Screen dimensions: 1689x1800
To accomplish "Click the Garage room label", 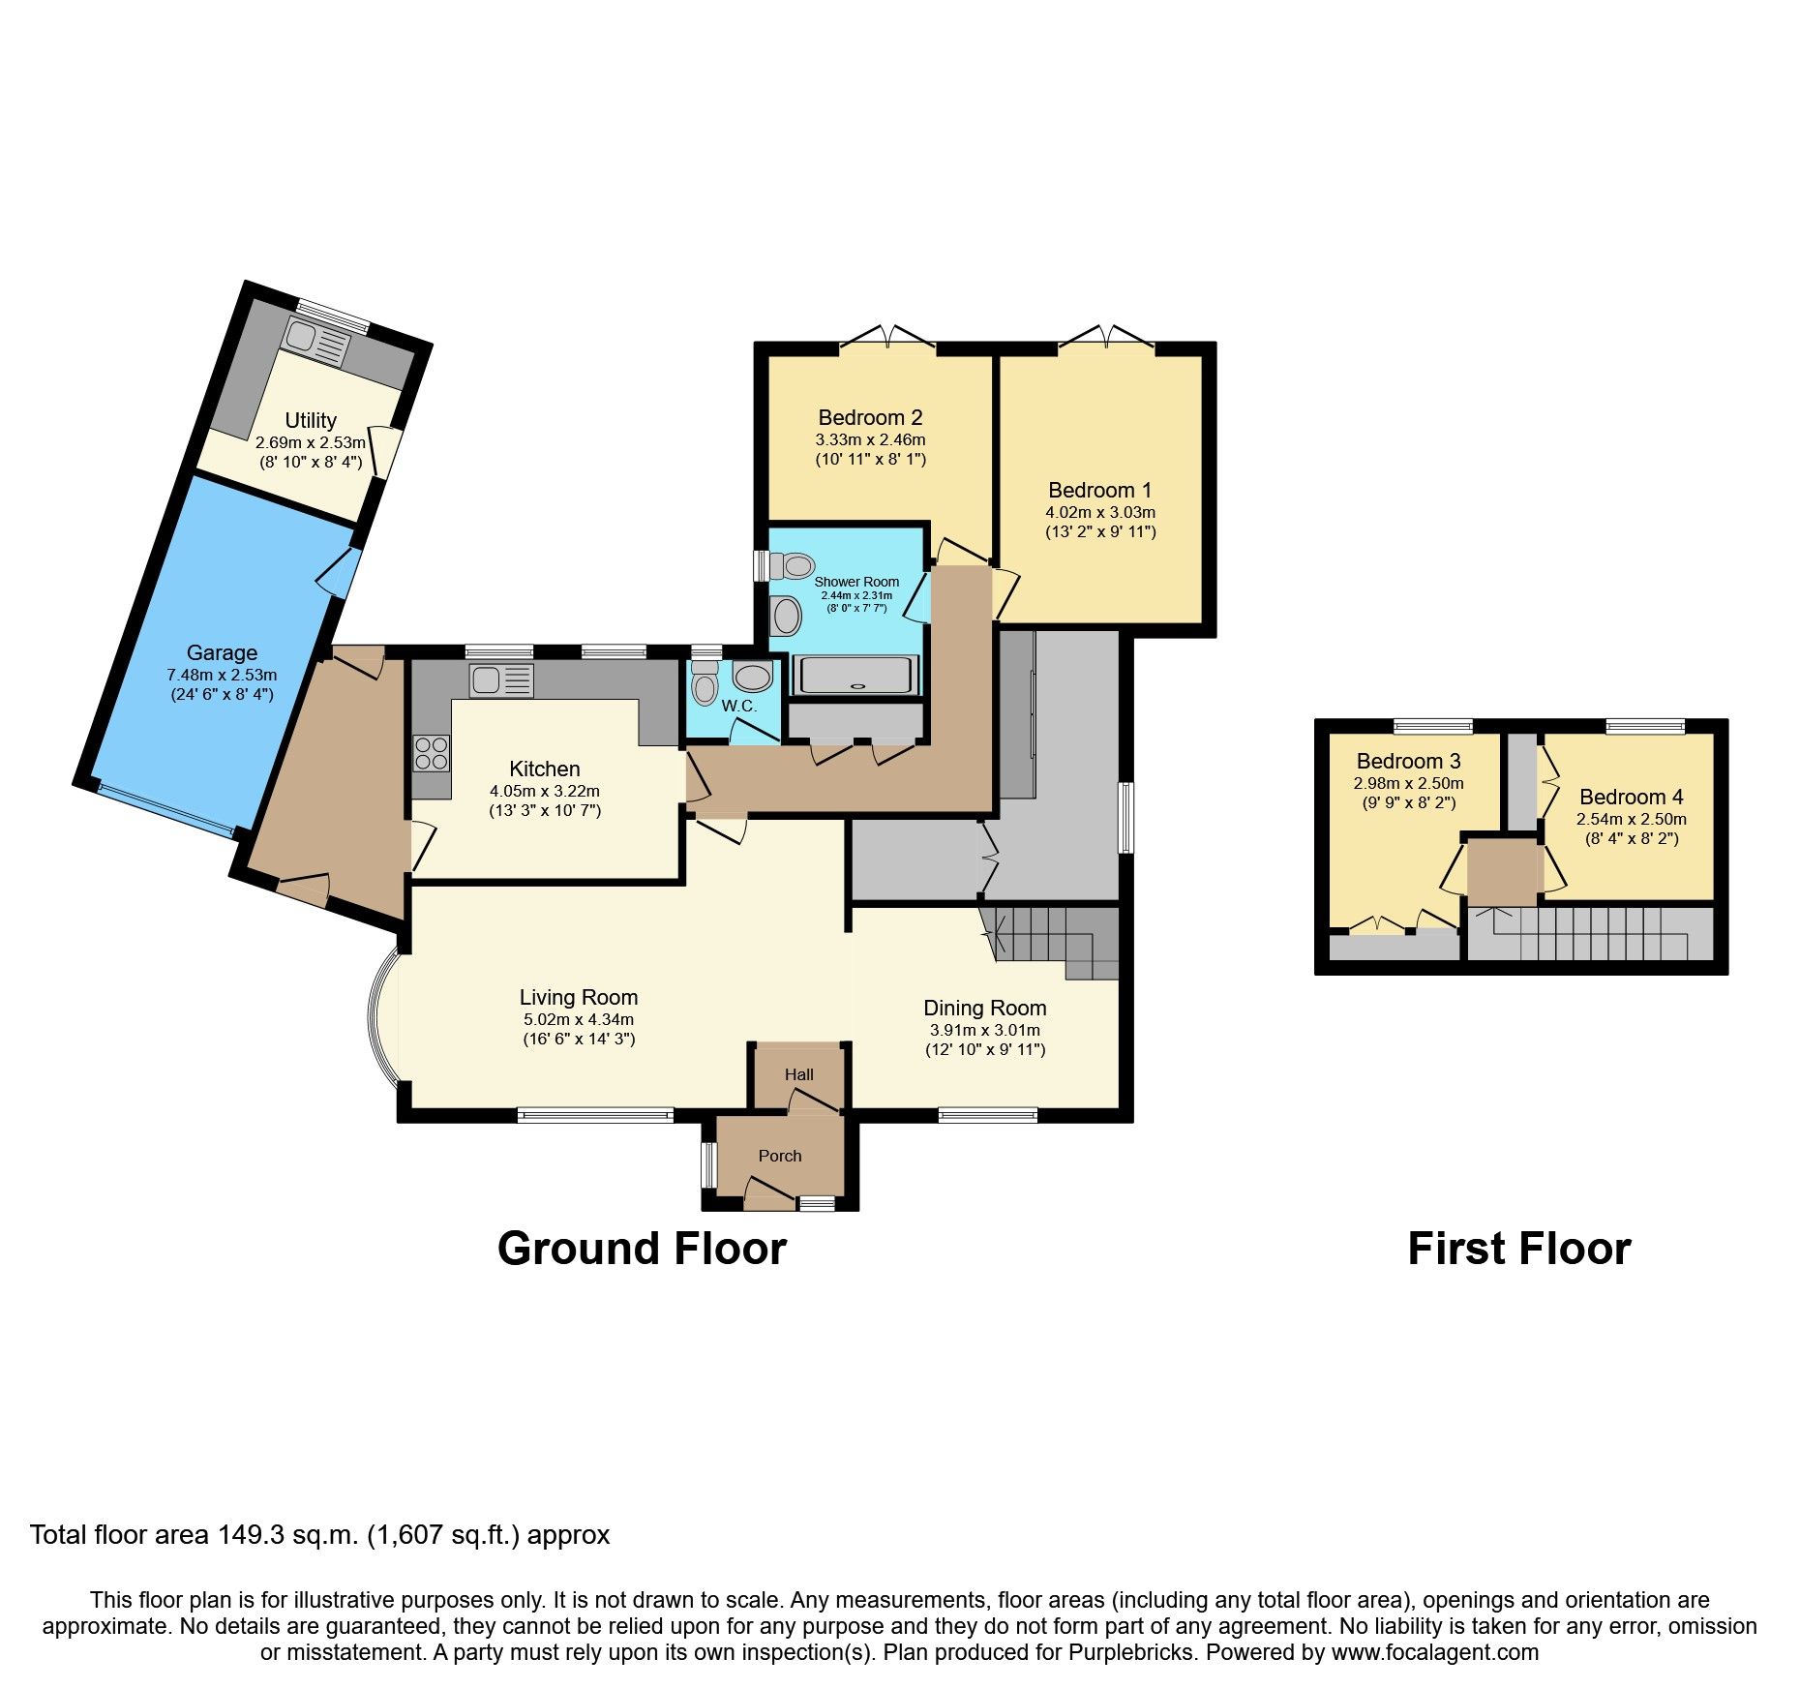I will [222, 653].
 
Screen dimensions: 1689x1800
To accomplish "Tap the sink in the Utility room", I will [316, 343].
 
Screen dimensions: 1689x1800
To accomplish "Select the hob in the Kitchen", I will [432, 754].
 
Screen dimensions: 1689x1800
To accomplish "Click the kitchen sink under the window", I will [500, 679].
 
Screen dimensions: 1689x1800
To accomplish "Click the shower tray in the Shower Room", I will [855, 676].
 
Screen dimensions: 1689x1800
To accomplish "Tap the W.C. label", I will [738, 707].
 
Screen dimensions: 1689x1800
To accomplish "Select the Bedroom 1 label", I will [1099, 491].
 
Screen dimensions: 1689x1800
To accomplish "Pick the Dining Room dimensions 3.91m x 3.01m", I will [984, 1031].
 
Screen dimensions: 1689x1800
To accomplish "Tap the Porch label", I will [780, 1156].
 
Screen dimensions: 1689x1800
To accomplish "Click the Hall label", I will [798, 1074].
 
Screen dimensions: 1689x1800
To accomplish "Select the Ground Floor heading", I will [642, 1249].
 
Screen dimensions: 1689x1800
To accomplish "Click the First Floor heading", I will [1518, 1249].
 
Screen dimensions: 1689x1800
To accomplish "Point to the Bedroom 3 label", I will [1408, 762].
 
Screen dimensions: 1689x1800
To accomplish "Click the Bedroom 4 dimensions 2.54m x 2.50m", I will [1631, 819].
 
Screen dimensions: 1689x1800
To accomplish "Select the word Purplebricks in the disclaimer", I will [1131, 1652].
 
